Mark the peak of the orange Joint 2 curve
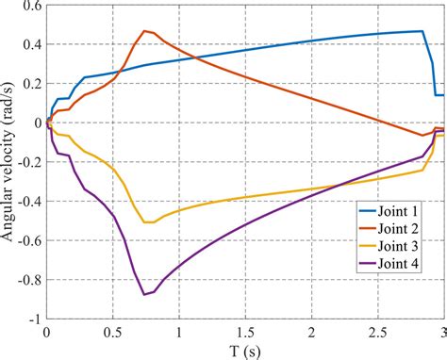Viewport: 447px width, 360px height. [x=144, y=30]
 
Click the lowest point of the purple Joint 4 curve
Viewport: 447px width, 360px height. [x=144, y=294]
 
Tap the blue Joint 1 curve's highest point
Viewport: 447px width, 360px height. [x=421, y=31]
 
